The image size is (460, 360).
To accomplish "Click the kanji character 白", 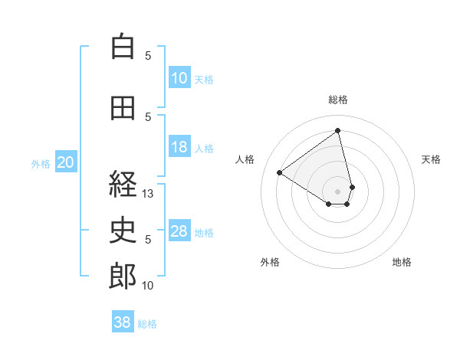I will click(x=123, y=47).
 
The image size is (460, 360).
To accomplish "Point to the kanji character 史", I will click(x=123, y=231).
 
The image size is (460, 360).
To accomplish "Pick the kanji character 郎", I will click(x=123, y=277).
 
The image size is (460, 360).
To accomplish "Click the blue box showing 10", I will click(x=179, y=78).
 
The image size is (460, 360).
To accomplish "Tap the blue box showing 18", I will click(x=179, y=147).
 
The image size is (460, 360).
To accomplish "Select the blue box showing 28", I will click(x=179, y=231).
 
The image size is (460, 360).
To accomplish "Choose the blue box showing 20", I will click(x=66, y=162).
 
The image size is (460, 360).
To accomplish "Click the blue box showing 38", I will click(x=123, y=322).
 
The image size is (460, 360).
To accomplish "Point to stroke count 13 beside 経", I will click(x=149, y=194).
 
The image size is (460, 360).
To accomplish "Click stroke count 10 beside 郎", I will click(x=149, y=286).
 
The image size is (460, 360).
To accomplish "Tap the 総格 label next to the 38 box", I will click(x=147, y=324).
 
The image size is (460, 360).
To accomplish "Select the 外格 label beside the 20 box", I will click(x=41, y=163).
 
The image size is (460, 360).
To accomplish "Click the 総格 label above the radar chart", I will click(x=338, y=100).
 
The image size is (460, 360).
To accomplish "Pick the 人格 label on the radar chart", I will click(x=245, y=159).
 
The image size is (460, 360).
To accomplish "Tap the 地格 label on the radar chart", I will click(x=402, y=262).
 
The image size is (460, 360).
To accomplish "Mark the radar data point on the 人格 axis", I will click(x=280, y=172).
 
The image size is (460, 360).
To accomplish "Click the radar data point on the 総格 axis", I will click(x=338, y=130).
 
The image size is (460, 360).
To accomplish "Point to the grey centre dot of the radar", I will click(x=338, y=190).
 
